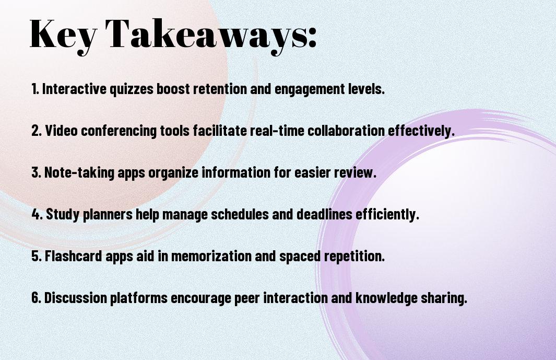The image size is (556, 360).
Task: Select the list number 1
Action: (x=35, y=89)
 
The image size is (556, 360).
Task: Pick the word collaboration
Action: (x=346, y=131)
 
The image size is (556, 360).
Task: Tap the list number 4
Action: (x=37, y=214)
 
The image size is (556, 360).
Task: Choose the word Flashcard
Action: (x=74, y=256)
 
